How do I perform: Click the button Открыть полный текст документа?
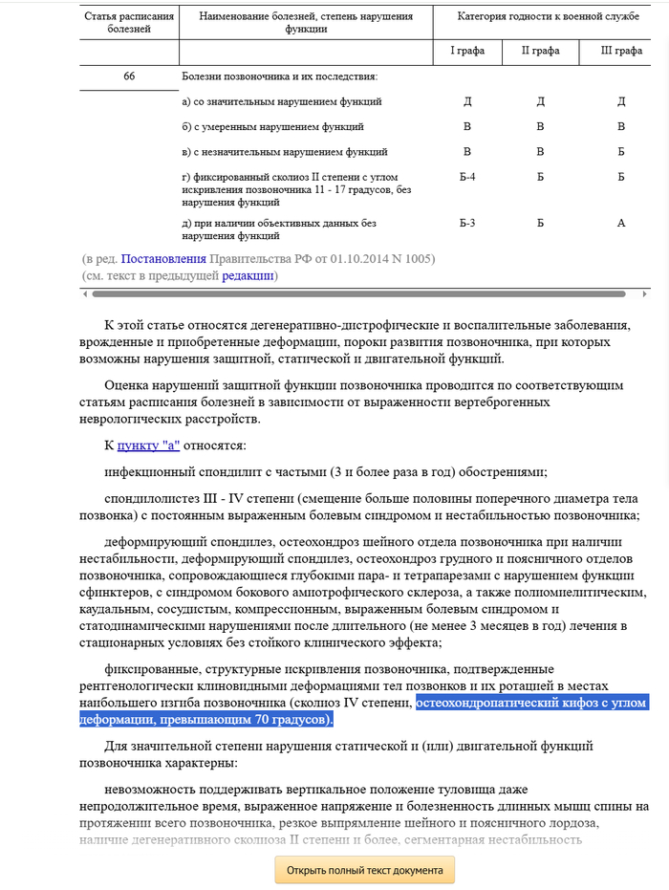365,870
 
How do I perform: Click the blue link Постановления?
163,258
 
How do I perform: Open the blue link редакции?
248,275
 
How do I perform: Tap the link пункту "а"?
148,445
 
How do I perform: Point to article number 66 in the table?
129,76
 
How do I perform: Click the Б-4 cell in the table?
467,177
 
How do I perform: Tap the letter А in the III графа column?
620,223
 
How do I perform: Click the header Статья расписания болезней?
129,23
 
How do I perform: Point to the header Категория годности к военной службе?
548,17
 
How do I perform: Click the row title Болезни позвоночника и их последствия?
279,76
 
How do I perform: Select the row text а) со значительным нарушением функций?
282,101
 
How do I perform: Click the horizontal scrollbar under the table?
354,293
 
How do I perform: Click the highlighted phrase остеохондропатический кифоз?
507,703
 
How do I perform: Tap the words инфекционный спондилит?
174,470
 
